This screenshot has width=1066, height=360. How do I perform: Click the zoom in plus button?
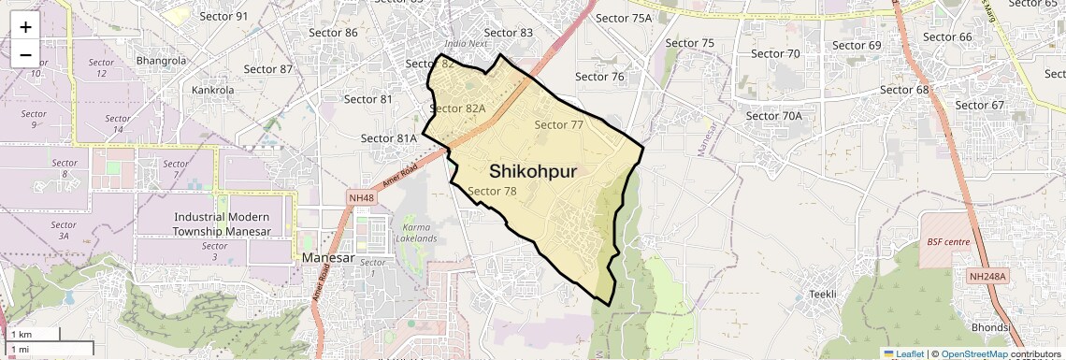pos(25,27)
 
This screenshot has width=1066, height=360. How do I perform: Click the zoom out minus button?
pos(25,53)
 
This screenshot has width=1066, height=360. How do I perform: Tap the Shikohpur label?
pos(532,171)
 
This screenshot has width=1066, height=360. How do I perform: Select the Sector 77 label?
pos(559,124)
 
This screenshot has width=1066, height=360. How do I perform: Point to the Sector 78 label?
pos(492,191)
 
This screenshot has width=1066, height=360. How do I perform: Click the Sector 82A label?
pos(457,108)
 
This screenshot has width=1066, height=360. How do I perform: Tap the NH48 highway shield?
pos(361,198)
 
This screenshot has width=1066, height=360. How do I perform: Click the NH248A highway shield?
pos(987,277)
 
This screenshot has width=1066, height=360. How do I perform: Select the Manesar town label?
pos(325,257)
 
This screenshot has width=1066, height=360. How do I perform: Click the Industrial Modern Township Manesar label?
pos(223,223)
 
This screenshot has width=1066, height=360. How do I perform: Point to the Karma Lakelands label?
pos(419,233)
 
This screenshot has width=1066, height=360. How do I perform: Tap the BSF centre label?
pos(947,242)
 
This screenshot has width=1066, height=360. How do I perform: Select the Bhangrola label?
pos(161,61)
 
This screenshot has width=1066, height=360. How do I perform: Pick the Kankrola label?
pos(212,90)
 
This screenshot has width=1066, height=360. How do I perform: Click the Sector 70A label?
pos(774,116)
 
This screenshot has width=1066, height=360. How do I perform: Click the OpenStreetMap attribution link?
pos(973,353)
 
